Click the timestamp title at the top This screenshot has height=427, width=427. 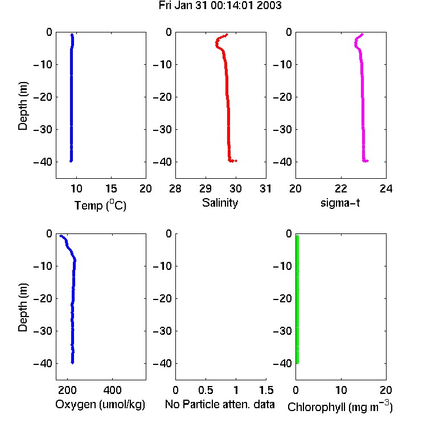(x=220, y=6)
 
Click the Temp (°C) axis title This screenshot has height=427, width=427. (x=100, y=205)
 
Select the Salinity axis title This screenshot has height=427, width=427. (x=220, y=203)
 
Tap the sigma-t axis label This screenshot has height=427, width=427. (x=340, y=203)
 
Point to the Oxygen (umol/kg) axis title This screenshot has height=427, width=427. (x=100, y=404)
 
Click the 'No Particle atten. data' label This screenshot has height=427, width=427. (x=220, y=404)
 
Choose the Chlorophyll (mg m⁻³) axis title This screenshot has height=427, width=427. (x=340, y=407)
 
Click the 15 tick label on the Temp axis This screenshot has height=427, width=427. (x=111, y=188)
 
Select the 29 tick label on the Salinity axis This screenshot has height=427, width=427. (x=206, y=188)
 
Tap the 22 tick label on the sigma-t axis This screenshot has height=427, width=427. (x=341, y=188)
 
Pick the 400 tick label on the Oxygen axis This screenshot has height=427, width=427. (x=113, y=390)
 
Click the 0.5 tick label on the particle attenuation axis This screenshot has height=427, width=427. (x=206, y=390)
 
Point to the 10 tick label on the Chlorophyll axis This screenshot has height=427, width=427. (x=341, y=390)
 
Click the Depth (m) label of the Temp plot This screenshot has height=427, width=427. (x=23, y=106)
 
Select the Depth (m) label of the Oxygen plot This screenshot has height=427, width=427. (x=23, y=307)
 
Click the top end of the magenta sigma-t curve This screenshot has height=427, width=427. (x=363, y=34)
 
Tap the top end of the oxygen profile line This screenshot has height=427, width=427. (x=60, y=236)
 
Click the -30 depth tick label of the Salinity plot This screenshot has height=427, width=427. (x=163, y=130)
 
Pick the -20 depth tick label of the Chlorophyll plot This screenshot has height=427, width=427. (x=282, y=299)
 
